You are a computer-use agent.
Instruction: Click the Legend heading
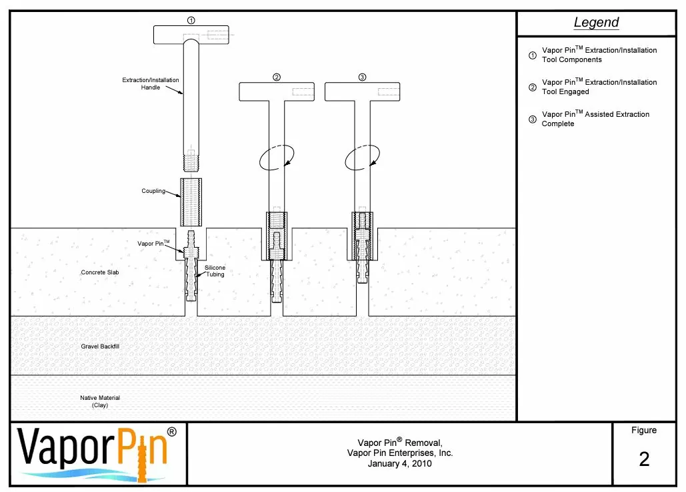tap(596, 23)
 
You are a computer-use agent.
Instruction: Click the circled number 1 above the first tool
tap(191, 21)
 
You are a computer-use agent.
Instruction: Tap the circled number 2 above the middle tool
tap(277, 77)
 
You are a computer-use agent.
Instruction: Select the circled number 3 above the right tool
tap(362, 77)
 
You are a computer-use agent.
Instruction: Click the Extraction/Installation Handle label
tap(151, 83)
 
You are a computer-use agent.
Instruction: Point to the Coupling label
tap(153, 192)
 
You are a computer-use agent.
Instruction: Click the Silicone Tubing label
tap(215, 271)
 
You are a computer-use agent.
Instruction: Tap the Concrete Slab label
tap(100, 272)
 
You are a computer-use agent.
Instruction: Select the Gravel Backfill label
tap(100, 346)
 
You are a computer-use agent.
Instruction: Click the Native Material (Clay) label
tap(100, 401)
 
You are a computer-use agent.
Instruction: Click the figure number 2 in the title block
tap(644, 459)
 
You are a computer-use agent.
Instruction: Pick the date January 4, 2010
tap(399, 463)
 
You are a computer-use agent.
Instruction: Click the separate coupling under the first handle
tap(191, 202)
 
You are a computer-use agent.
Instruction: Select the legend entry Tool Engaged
tap(599, 87)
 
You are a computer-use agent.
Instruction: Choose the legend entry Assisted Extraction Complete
tap(595, 119)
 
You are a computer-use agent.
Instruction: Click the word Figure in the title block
tap(644, 431)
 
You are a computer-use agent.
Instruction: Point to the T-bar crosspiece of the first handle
tap(191, 33)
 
